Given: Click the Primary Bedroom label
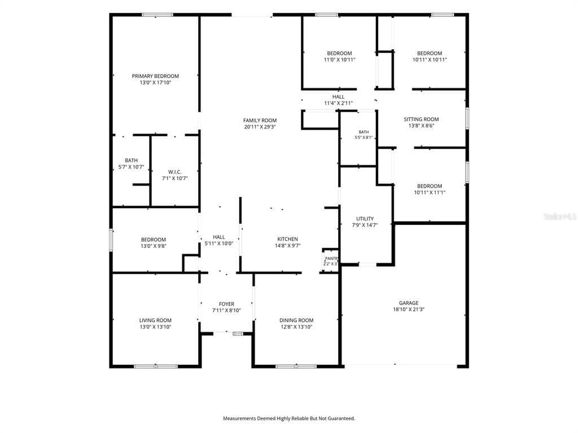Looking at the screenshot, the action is pyautogui.click(x=155, y=76).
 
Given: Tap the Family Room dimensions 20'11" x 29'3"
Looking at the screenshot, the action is pyautogui.click(x=260, y=127).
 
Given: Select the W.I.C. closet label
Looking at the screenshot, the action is pyautogui.click(x=175, y=172).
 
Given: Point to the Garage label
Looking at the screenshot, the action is pyautogui.click(x=409, y=303).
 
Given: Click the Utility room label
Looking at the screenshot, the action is pyautogui.click(x=365, y=219).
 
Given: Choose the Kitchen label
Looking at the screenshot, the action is pyautogui.click(x=287, y=239).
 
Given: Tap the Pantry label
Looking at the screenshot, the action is pyautogui.click(x=331, y=259).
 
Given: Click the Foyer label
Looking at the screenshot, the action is pyautogui.click(x=226, y=304).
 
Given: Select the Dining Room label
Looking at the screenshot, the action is pyautogui.click(x=296, y=320).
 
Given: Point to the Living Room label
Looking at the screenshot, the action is pyautogui.click(x=155, y=320).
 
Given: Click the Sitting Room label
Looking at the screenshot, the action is pyautogui.click(x=421, y=120).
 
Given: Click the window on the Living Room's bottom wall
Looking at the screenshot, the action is pyautogui.click(x=156, y=366).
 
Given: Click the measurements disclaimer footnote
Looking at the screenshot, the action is pyautogui.click(x=289, y=418).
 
